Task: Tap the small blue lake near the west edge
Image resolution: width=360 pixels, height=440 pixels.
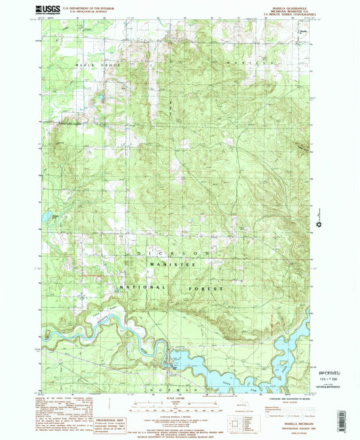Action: (x=48, y=216)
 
